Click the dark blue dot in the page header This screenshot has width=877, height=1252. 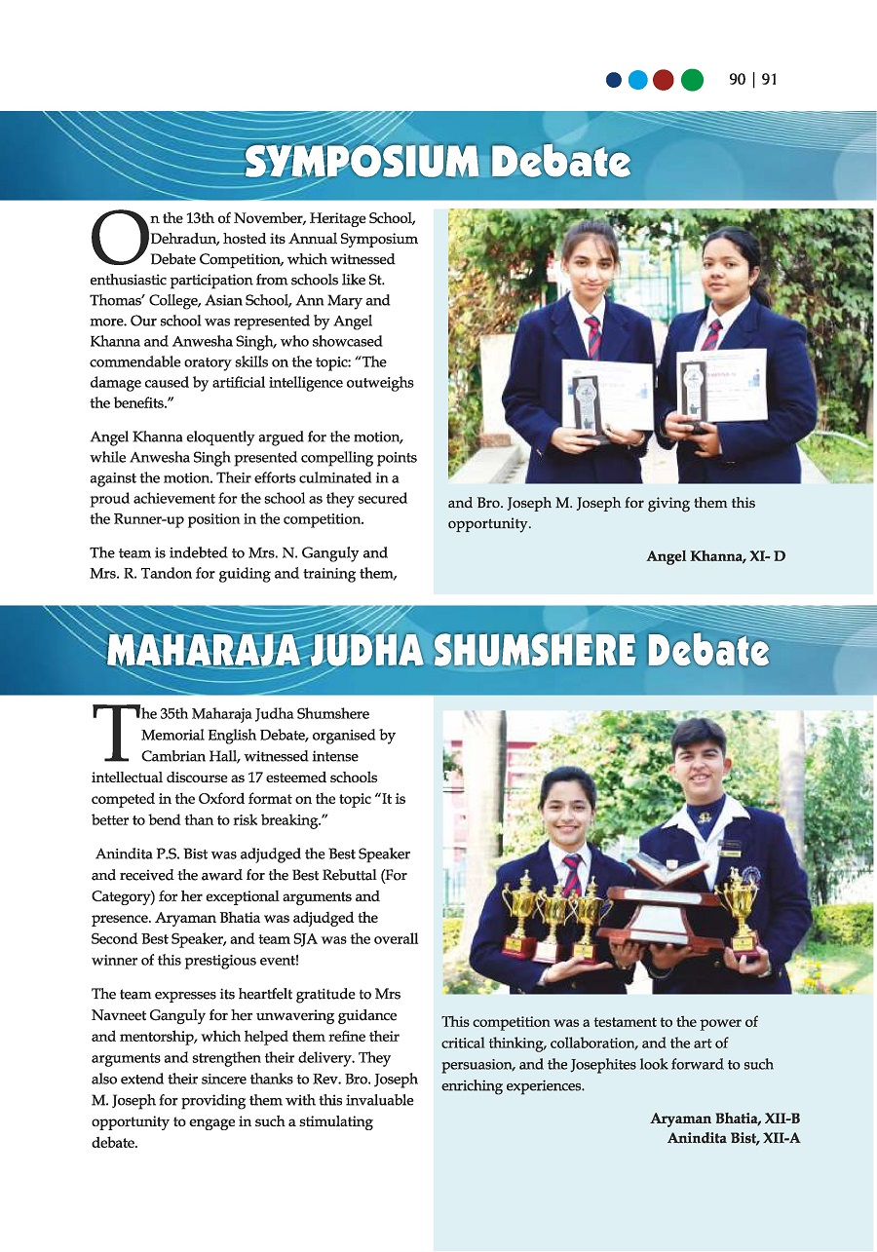point(614,80)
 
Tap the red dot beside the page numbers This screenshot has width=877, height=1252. point(664,80)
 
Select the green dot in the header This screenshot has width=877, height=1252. point(691,80)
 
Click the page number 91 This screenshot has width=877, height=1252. point(770,80)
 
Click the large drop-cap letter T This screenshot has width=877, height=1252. point(113,734)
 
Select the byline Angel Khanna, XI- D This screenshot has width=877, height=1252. point(716,556)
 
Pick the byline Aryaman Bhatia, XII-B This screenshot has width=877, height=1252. point(725,1119)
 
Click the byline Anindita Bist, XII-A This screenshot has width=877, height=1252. point(734,1137)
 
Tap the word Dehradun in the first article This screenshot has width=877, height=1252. point(181,238)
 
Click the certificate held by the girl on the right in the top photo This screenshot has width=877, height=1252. point(721,385)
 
